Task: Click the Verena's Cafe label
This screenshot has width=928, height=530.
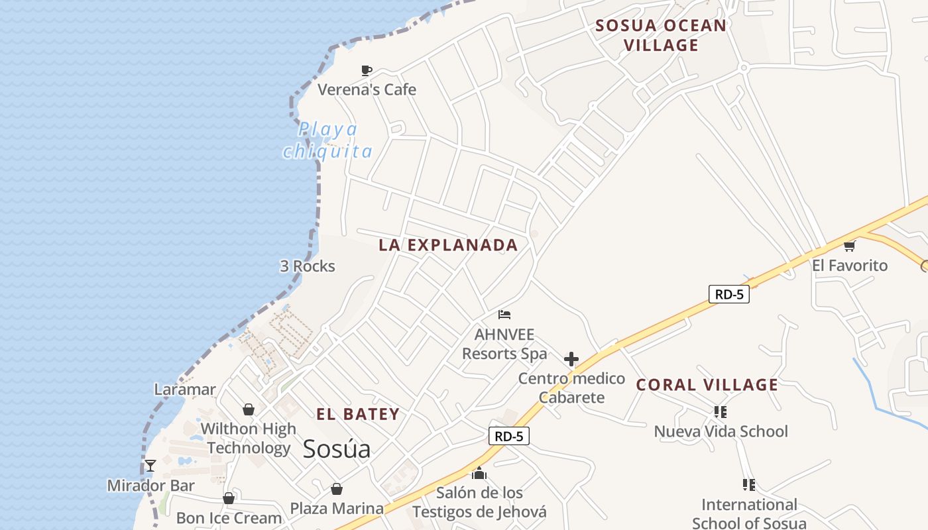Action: [x=367, y=89]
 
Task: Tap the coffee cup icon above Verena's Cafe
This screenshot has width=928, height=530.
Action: [x=367, y=70]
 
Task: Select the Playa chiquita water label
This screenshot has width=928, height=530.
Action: [x=327, y=140]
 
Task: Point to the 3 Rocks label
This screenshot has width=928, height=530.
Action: [x=308, y=266]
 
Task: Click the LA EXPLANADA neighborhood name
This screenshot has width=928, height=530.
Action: [x=448, y=245]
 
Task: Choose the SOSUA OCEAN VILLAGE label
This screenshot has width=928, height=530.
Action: [x=661, y=35]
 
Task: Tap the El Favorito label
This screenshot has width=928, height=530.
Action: [x=850, y=266]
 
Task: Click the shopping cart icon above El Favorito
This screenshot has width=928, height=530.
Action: [x=849, y=246]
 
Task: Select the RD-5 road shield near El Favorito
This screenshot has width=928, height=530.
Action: [x=729, y=294]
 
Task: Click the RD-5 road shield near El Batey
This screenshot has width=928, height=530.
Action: [x=509, y=436]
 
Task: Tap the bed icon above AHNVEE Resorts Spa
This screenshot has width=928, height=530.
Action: [x=505, y=314]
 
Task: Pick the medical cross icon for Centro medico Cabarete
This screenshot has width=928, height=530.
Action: [x=571, y=359]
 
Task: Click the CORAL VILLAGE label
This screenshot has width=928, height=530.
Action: [x=707, y=385]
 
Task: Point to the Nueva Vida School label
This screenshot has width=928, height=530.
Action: [x=721, y=432]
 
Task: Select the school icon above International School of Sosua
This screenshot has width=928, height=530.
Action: [x=749, y=485]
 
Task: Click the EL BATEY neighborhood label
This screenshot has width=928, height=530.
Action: [x=358, y=415]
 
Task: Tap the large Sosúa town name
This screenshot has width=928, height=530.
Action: [x=337, y=449]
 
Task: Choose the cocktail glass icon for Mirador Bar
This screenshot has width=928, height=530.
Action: [x=150, y=466]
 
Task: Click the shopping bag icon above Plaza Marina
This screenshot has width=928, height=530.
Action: [x=337, y=490]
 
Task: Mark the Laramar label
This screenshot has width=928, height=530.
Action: [x=185, y=390]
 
